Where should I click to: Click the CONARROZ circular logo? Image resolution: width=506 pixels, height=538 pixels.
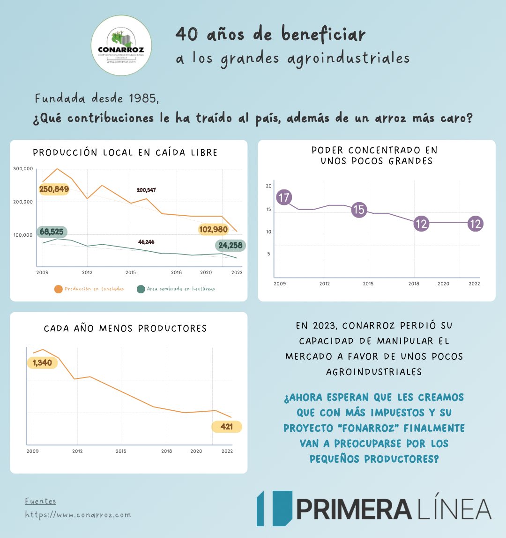click(x=121, y=45)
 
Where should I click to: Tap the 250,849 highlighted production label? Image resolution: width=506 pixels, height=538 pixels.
click(x=54, y=189)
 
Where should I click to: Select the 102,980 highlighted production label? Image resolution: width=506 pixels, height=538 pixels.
click(x=213, y=229)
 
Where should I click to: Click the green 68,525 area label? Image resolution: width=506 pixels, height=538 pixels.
click(x=52, y=232)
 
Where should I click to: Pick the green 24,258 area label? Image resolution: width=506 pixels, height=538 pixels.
click(x=230, y=245)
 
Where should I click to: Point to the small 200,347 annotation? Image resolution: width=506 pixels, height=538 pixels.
click(x=146, y=190)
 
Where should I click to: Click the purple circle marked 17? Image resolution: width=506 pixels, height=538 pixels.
click(x=284, y=197)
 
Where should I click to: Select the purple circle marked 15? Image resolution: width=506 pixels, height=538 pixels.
click(x=359, y=210)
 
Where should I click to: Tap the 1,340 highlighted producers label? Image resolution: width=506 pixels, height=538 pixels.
click(x=42, y=363)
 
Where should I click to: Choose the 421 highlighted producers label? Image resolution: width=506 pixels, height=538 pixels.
click(x=227, y=427)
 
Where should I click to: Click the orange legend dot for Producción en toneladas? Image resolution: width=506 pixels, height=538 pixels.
click(x=58, y=289)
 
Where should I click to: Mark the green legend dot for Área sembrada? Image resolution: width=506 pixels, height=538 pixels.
click(x=141, y=289)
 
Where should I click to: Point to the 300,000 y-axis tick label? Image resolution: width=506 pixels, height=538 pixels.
click(x=23, y=169)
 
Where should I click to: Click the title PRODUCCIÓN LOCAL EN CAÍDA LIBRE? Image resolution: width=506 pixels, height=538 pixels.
click(x=125, y=153)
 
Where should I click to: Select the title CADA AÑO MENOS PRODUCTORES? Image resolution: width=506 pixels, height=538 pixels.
click(x=125, y=328)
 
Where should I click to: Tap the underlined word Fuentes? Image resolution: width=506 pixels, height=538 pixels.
click(x=40, y=501)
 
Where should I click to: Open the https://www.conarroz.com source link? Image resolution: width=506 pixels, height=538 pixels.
click(x=78, y=515)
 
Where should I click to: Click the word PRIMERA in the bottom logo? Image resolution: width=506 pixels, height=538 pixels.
click(x=354, y=509)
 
